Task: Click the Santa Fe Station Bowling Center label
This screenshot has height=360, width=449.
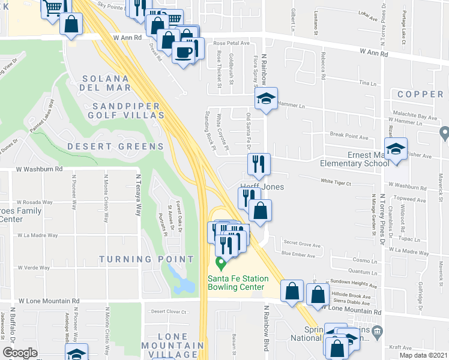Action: point(236,283)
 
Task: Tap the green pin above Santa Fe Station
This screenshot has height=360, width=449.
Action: point(220,262)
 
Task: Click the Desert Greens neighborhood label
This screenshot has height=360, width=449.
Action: point(115,146)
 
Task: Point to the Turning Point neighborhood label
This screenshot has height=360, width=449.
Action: point(146,259)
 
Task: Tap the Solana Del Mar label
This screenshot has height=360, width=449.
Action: point(106,83)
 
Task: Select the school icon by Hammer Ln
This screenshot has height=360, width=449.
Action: point(265,99)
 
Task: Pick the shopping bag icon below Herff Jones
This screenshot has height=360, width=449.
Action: point(261,211)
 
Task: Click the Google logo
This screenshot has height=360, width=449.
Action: point(20,353)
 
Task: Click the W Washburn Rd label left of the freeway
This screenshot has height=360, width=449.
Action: point(40,170)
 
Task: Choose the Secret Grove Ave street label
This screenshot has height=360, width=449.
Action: point(302,244)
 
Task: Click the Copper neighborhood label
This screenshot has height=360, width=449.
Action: point(420,94)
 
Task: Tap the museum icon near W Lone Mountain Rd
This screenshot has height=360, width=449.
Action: point(377,331)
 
